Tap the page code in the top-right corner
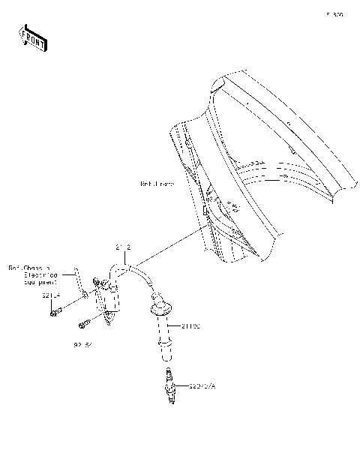[x=334, y=14]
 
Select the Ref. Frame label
[x=157, y=184]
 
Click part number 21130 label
[x=191, y=326]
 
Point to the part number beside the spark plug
[x=200, y=386]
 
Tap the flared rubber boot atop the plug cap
[x=160, y=307]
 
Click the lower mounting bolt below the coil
[x=84, y=324]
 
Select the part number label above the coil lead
[x=124, y=246]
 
